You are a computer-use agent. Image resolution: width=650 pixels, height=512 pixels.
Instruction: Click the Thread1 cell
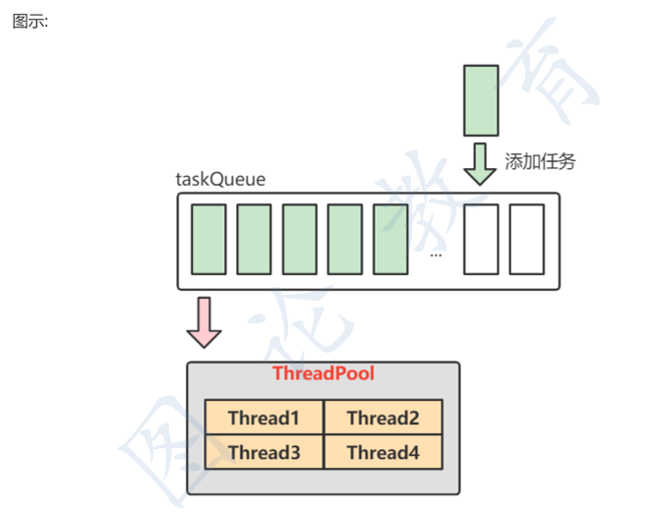tap(264, 418)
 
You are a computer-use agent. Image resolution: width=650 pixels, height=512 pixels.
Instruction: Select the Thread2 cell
tap(383, 418)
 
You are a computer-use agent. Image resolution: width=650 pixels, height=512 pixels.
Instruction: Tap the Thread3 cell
tap(264, 452)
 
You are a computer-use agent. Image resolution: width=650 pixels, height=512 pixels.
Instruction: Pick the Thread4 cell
tap(383, 452)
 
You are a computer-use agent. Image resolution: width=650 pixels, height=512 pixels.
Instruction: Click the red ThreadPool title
tap(323, 373)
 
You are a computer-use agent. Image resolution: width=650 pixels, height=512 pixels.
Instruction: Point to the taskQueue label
tap(220, 180)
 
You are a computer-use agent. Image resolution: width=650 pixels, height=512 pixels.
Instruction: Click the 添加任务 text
tap(540, 162)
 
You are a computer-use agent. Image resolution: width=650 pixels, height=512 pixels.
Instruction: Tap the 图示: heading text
tap(30, 22)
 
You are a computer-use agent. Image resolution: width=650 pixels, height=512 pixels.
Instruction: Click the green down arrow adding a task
tap(481, 163)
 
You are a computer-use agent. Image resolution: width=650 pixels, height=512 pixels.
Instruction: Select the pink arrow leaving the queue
tap(205, 321)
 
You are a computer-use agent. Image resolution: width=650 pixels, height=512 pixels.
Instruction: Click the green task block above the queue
tap(481, 99)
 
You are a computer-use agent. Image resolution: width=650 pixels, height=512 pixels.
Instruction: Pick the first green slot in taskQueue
tap(208, 239)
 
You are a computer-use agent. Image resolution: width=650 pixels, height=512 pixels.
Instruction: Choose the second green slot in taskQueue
tap(254, 239)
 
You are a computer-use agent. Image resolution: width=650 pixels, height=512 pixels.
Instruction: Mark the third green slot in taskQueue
tap(299, 239)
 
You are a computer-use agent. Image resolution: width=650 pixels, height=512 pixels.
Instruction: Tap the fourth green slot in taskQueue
tap(344, 239)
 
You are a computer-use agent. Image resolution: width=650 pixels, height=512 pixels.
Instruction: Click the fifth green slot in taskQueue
tap(390, 239)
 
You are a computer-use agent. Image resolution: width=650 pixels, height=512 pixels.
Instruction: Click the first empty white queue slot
tap(481, 239)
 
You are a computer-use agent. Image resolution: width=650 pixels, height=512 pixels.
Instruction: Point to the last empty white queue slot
tap(526, 239)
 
